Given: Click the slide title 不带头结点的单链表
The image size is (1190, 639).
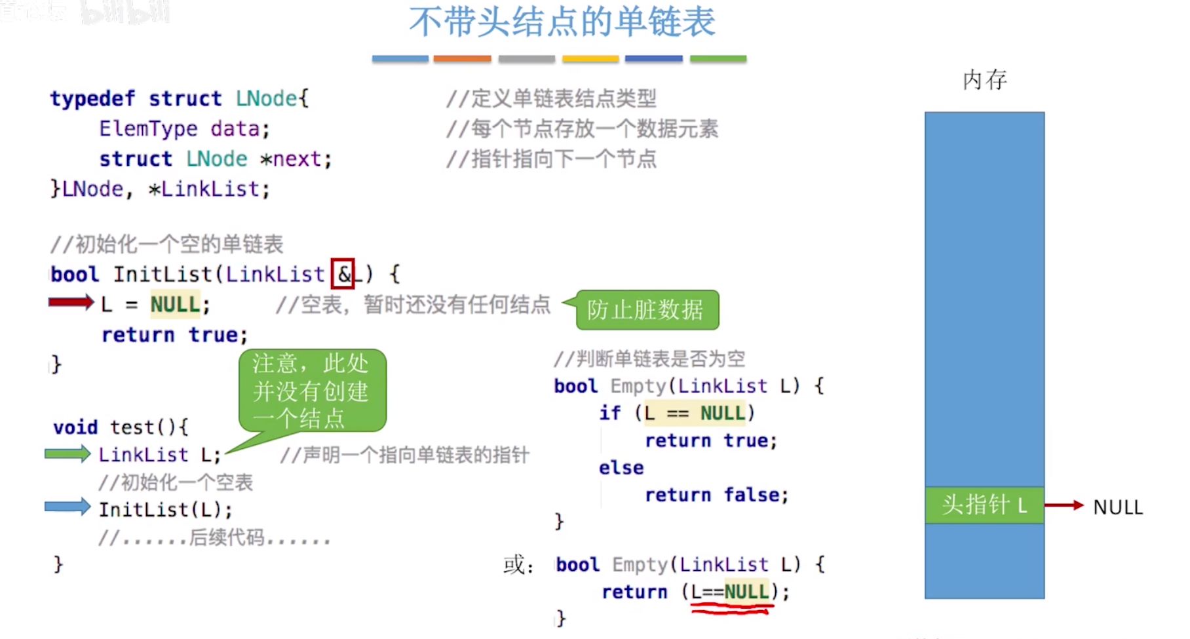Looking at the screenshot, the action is [562, 22].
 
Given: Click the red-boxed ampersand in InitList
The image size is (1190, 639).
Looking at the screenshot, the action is [343, 274].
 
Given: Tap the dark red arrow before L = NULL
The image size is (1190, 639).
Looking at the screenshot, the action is [71, 302].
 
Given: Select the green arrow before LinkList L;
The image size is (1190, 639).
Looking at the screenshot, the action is [67, 454].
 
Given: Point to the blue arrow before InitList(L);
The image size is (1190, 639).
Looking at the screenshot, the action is [67, 507].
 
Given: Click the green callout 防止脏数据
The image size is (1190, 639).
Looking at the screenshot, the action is [646, 310].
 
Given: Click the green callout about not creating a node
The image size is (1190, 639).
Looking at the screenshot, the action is [312, 391].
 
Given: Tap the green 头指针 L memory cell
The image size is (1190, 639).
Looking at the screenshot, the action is [984, 505].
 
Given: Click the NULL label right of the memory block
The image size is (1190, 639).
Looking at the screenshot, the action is [1118, 507].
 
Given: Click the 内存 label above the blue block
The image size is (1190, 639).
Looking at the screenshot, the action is [984, 80].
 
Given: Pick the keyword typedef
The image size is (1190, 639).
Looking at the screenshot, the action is [92, 99].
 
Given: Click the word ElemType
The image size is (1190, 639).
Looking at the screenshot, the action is [148, 129].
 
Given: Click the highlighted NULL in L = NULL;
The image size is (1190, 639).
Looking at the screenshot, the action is [175, 305].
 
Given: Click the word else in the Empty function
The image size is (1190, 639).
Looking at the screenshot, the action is [621, 468].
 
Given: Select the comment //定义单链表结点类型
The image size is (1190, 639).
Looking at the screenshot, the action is [551, 99].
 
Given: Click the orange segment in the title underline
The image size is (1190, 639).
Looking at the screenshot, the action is [462, 59].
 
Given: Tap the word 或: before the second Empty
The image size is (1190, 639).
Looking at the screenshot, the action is [518, 564].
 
